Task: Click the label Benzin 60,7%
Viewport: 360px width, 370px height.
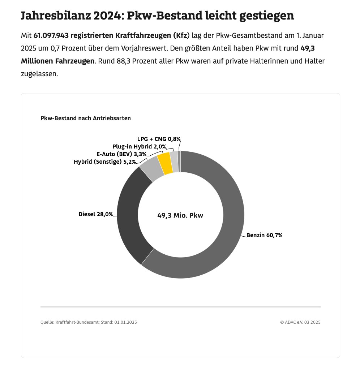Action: [x=264, y=235]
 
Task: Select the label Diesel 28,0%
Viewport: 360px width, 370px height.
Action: [x=95, y=214]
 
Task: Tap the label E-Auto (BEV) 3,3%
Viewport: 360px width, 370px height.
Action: [x=121, y=154]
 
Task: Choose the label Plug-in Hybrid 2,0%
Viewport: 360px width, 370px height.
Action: [x=139, y=147]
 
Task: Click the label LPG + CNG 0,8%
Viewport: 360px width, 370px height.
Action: [x=159, y=139]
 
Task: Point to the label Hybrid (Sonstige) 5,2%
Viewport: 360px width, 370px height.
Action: [x=104, y=162]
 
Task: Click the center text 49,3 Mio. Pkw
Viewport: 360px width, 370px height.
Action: [x=180, y=216]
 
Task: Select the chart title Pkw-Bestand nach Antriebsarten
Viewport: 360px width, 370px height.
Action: [x=86, y=118]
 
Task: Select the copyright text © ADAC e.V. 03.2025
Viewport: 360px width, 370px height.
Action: [x=300, y=322]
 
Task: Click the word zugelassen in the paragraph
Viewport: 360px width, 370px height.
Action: [x=38, y=74]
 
